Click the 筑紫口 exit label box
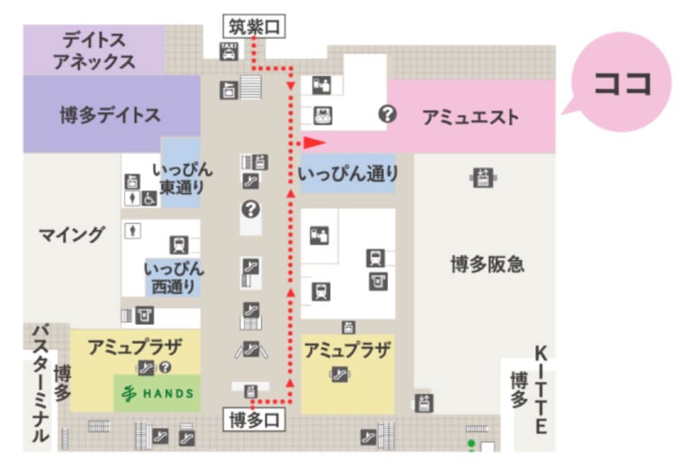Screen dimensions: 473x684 [254, 28]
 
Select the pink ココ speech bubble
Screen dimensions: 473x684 [620, 83]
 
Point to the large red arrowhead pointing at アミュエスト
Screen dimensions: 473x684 [313, 142]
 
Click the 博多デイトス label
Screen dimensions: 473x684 [109, 114]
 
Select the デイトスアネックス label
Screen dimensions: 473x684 [94, 49]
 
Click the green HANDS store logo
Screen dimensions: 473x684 [157, 393]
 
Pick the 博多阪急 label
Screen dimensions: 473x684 [487, 264]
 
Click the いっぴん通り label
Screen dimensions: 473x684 [349, 175]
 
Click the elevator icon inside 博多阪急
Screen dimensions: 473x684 [483, 178]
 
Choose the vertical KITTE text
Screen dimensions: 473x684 [540, 390]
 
